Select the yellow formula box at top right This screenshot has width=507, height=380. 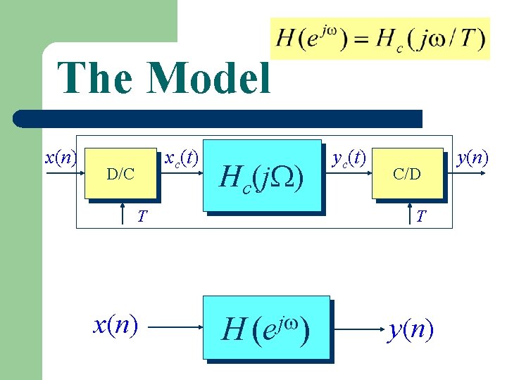[x=380, y=38]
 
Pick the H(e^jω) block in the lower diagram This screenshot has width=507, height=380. [x=267, y=327]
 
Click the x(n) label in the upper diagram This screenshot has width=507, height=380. [x=61, y=157]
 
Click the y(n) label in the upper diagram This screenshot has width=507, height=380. [x=472, y=157]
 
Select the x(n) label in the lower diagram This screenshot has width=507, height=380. [x=115, y=324]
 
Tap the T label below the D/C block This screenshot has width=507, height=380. [x=142, y=216]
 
